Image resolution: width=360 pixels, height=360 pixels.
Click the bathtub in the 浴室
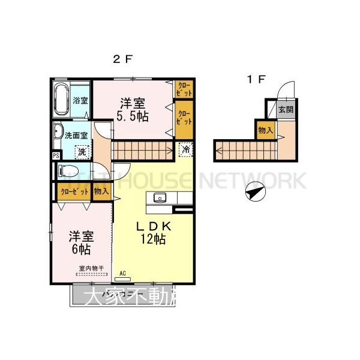point(62,100)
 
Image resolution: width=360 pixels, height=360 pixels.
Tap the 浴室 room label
point(80,100)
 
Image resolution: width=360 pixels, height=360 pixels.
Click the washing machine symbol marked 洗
point(81,151)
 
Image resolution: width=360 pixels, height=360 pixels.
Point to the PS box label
point(55,155)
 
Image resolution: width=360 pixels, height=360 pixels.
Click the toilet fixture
point(70,171)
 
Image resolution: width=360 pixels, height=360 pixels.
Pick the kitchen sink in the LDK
point(160,197)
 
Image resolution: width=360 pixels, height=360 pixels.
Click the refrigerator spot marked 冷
point(186,149)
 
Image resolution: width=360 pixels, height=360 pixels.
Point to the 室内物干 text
point(91,269)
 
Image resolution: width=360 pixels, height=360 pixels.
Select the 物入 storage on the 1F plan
point(266,130)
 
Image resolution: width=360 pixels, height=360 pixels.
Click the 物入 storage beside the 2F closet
point(100,191)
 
